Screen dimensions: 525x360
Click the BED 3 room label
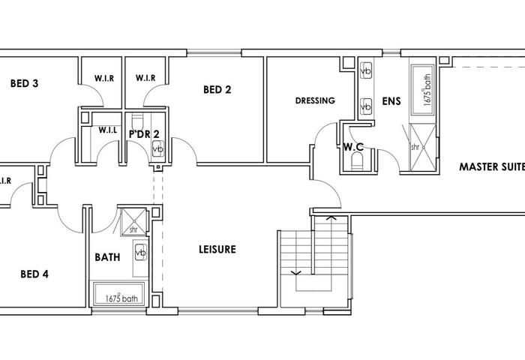point(24,83)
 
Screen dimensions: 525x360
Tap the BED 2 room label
point(217,89)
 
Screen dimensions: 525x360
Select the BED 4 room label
point(34,274)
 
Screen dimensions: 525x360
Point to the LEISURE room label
point(217,249)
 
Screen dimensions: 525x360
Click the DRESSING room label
point(315,100)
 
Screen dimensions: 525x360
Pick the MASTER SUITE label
point(492,166)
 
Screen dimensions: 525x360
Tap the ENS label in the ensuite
point(391,101)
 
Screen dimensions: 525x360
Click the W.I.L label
point(108,130)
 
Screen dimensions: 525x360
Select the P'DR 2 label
point(144,134)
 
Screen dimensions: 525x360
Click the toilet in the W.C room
point(357,160)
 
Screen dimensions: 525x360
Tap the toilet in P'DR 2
point(137,120)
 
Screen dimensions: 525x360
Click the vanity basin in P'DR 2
point(157,148)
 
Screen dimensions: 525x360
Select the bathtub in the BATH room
point(119,294)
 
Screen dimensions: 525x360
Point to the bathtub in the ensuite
point(422,90)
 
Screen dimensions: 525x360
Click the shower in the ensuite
point(423,147)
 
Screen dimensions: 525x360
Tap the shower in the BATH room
point(134,221)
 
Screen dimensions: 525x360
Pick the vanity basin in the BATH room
point(141,252)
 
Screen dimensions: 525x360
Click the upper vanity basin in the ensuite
point(366,70)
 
